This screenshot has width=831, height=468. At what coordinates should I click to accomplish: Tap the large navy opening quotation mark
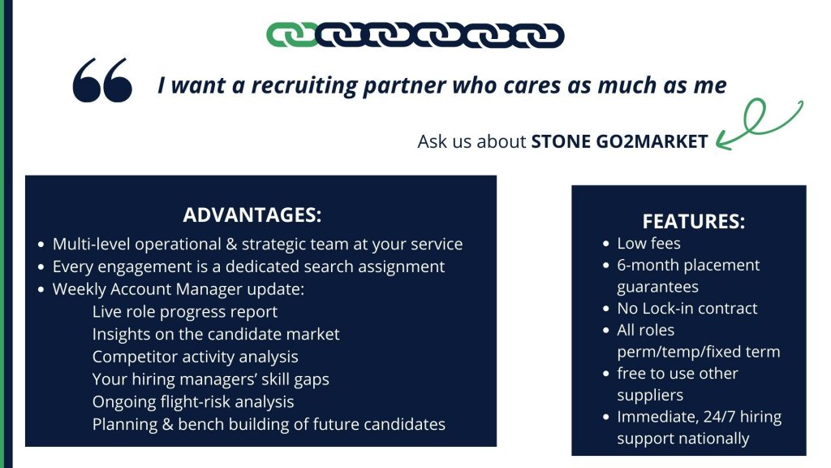(x=102, y=80)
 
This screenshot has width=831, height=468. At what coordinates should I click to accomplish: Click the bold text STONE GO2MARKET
(x=619, y=141)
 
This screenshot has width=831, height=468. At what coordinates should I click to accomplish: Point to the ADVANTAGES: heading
(x=252, y=214)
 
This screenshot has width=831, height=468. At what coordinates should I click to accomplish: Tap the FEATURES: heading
(x=694, y=221)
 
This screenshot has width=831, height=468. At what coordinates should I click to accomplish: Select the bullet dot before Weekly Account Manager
(x=41, y=290)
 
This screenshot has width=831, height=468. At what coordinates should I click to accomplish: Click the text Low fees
(x=648, y=244)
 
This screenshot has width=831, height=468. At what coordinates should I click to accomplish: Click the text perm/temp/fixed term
(x=699, y=352)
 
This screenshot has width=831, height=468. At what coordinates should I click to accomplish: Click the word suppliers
(x=650, y=396)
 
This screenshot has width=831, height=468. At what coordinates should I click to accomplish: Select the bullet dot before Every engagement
(x=41, y=266)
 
